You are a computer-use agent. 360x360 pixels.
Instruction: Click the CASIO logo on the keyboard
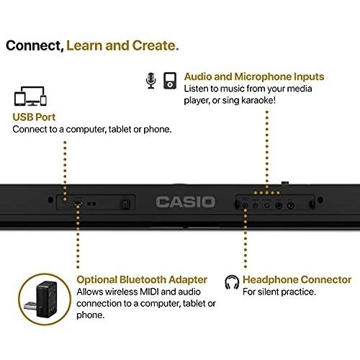click(x=185, y=202)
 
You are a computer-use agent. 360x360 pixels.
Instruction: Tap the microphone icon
click(x=151, y=81)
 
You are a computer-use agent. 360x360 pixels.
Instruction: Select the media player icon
click(x=170, y=81)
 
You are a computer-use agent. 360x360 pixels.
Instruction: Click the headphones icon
click(x=232, y=282)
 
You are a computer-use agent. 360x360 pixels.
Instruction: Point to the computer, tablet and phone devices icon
click(x=30, y=96)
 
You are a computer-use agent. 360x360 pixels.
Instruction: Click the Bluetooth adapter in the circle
click(x=45, y=300)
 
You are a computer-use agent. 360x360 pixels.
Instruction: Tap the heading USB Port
click(x=34, y=117)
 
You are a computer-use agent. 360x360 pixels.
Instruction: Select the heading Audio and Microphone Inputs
click(x=254, y=76)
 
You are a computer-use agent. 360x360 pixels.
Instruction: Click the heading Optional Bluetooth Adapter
click(x=142, y=279)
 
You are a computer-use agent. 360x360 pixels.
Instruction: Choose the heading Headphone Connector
click(x=297, y=279)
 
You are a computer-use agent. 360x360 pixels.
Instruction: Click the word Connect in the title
click(x=35, y=45)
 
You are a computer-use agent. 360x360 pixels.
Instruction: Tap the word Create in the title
click(x=156, y=45)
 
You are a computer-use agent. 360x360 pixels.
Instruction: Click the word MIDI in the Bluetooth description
click(x=149, y=292)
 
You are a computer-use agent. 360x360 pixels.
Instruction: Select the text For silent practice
click(x=279, y=292)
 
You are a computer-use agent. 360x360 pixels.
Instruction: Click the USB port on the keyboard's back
click(x=77, y=204)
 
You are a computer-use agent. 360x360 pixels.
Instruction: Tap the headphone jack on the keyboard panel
click(x=245, y=205)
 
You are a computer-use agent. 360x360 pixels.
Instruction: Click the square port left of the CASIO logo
click(x=125, y=204)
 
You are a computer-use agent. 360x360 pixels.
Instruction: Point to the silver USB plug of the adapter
click(x=30, y=306)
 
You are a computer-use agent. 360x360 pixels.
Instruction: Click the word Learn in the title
click(x=84, y=45)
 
